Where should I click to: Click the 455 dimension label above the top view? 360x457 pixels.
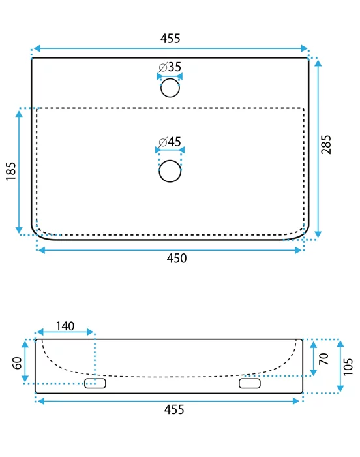click(170, 38)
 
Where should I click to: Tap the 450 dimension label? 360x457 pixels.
click(177, 259)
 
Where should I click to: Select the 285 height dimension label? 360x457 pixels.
click(326, 144)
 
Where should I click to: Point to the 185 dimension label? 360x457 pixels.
click(11, 171)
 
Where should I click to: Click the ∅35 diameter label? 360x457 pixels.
click(170, 67)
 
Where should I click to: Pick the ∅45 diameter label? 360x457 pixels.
click(170, 142)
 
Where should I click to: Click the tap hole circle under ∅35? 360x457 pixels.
click(170, 87)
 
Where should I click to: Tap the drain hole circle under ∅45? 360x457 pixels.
click(170, 171)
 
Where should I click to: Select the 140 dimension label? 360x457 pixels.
click(65, 326)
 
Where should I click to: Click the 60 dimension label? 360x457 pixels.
click(18, 363)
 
